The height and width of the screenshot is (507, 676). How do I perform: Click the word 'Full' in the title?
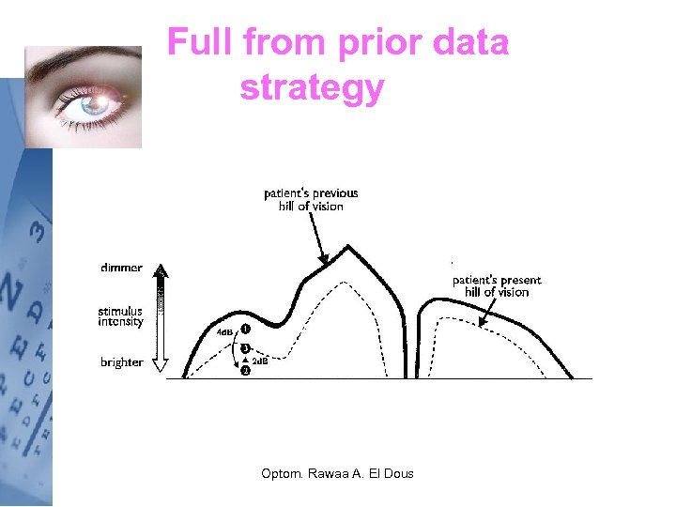pos(199,43)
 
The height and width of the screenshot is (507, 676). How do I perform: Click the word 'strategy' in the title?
pos(312,87)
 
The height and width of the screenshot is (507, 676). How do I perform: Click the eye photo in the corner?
pos(83,97)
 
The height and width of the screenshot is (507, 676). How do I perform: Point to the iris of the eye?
pos(94,106)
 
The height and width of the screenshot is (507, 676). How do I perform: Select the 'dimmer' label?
pos(122,268)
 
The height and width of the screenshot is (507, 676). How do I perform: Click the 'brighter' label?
pos(122,362)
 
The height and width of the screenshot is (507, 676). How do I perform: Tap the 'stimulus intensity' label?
pos(121,316)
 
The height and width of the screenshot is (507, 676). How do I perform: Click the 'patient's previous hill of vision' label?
pos(311,200)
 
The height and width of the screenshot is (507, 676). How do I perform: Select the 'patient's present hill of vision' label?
pos(497,285)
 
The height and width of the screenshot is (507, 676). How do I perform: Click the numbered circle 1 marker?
pos(245,330)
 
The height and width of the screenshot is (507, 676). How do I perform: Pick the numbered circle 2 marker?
pos(245,371)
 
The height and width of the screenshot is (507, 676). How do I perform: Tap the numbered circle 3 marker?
pos(245,348)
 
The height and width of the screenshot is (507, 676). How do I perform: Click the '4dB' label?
pos(225,332)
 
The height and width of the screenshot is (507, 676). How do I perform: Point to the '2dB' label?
pos(260,361)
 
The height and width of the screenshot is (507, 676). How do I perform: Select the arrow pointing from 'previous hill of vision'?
pos(320,240)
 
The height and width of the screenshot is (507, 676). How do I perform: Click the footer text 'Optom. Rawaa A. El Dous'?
pos(337,473)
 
